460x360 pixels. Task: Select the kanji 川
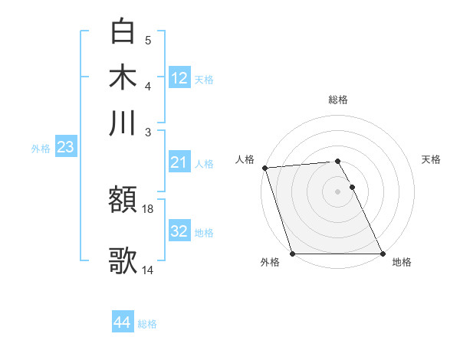123,123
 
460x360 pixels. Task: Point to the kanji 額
123,201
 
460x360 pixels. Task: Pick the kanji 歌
123,260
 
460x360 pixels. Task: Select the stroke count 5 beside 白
148,40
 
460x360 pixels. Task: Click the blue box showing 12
179,77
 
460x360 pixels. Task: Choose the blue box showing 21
179,162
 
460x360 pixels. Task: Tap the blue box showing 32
179,231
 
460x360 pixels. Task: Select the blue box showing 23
64,147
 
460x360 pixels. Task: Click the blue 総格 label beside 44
147,324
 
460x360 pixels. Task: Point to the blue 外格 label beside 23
41,149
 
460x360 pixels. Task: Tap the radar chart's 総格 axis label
338,100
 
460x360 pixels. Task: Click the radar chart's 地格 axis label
402,263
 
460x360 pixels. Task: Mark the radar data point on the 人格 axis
264,168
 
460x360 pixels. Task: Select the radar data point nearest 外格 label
293,254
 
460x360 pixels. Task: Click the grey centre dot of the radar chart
338,191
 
